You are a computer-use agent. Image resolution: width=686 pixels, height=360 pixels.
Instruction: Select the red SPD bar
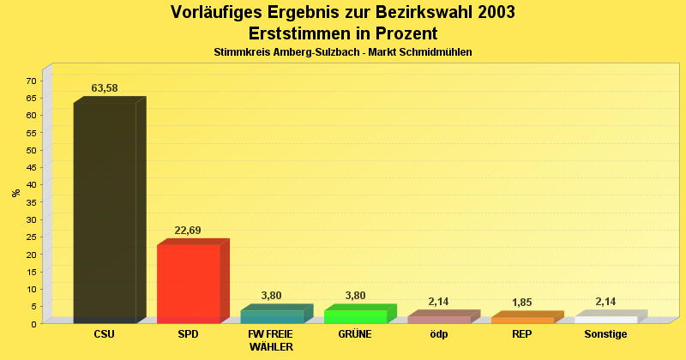[x=189, y=284]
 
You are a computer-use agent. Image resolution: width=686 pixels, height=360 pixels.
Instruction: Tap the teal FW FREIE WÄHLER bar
[x=272, y=316]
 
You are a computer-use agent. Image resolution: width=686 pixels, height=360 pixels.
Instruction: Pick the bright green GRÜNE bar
[x=356, y=316]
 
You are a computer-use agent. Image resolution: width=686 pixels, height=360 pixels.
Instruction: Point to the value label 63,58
[x=105, y=88]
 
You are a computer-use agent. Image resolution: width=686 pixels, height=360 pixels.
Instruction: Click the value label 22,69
[x=188, y=231]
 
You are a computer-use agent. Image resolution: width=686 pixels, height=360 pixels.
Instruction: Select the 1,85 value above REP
[x=522, y=303]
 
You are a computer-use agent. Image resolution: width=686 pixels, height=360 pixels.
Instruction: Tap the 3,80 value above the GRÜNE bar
[x=355, y=296]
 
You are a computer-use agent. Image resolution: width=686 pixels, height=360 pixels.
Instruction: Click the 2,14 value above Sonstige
[x=606, y=302]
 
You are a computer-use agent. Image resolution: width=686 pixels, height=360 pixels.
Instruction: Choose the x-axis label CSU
[x=105, y=334]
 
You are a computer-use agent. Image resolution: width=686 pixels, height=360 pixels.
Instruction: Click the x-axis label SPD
[x=188, y=334]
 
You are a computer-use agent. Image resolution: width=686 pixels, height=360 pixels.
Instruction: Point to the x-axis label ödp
[x=439, y=334]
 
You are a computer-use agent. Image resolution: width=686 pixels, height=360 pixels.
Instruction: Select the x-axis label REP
[x=522, y=334]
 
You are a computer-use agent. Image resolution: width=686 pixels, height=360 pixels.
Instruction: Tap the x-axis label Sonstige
[x=606, y=334]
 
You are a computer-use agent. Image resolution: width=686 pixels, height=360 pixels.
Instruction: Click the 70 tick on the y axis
[x=31, y=81]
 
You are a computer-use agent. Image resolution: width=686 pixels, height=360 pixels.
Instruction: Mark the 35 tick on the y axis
[x=31, y=202]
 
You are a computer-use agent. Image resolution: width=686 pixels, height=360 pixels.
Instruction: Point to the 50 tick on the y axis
[x=31, y=150]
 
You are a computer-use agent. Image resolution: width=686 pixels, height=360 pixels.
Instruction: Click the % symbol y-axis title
[x=16, y=193]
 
